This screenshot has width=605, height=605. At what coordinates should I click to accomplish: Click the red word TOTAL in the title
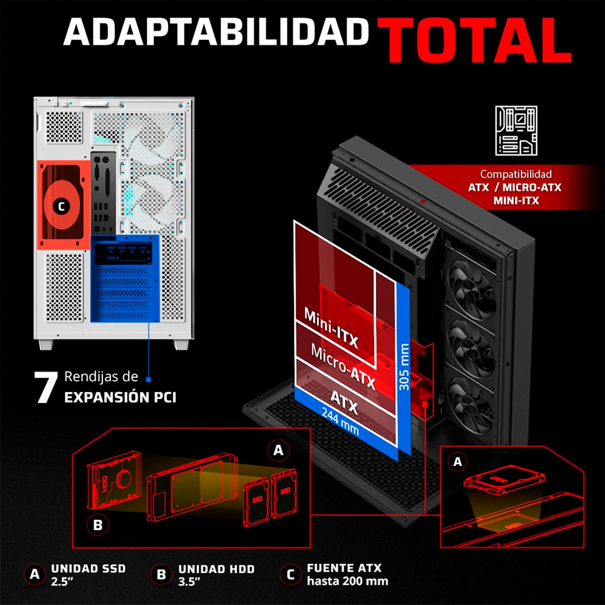pyautogui.click(x=474, y=40)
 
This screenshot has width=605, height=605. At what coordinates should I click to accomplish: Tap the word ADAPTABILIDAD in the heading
pyautogui.click(x=216, y=32)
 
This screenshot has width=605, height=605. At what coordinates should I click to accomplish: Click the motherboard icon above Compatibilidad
pyautogui.click(x=516, y=131)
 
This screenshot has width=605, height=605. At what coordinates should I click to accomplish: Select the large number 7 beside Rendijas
pyautogui.click(x=46, y=387)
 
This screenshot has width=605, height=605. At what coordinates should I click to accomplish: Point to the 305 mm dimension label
pyautogui.click(x=404, y=367)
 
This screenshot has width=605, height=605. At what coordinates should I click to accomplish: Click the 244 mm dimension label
pyautogui.click(x=340, y=422)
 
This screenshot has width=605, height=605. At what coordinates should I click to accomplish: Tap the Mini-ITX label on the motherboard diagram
pyautogui.click(x=332, y=327)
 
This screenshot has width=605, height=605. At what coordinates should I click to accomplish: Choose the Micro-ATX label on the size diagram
pyautogui.click(x=343, y=366)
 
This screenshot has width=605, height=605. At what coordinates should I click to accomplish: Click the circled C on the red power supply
pyautogui.click(x=61, y=207)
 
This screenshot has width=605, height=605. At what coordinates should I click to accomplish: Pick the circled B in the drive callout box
pyautogui.click(x=98, y=525)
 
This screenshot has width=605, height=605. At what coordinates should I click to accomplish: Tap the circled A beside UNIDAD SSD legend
pyautogui.click(x=34, y=574)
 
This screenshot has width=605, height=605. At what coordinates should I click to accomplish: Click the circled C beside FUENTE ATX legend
pyautogui.click(x=290, y=575)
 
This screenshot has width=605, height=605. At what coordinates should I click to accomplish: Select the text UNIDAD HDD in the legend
pyautogui.click(x=217, y=569)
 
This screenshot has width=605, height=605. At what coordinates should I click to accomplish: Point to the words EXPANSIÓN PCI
pyautogui.click(x=120, y=397)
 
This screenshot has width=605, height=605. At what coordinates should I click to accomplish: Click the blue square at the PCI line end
pyautogui.click(x=149, y=380)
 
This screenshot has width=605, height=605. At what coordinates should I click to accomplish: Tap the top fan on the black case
pyautogui.click(x=471, y=283)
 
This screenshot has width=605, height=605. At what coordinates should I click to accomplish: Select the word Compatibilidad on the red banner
pyautogui.click(x=516, y=174)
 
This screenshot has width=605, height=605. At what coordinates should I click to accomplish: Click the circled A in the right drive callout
pyautogui.click(x=457, y=462)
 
